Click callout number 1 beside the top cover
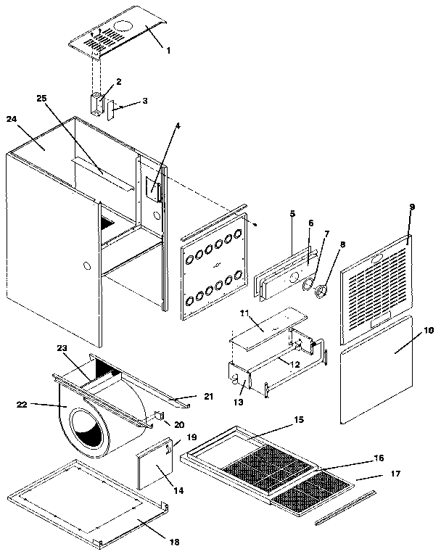tap(168, 51)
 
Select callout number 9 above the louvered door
tap(411, 207)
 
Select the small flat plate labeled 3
tap(111, 110)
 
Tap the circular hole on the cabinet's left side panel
tap(86, 266)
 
